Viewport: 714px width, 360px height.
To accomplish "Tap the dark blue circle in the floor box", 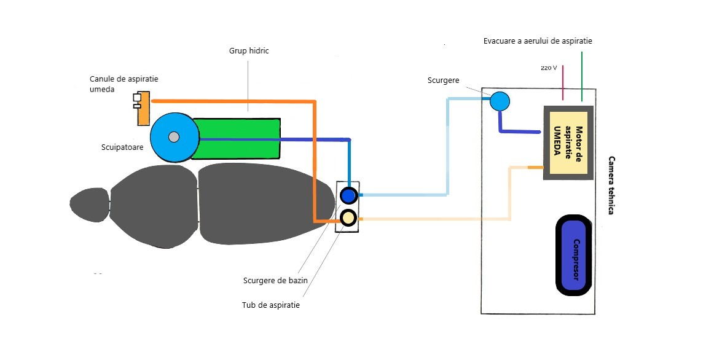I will pyautogui.click(x=348, y=196).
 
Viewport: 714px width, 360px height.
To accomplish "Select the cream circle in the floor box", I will pyautogui.click(x=348, y=217).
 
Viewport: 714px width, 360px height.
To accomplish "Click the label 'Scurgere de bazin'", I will pyautogui.click(x=275, y=281).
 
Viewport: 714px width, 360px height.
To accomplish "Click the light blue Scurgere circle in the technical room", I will pyautogui.click(x=500, y=101).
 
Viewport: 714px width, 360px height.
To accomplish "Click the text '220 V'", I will pyautogui.click(x=549, y=68).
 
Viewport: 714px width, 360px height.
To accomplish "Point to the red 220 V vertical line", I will pyautogui.click(x=563, y=82).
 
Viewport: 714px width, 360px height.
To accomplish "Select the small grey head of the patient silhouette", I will pyautogui.click(x=88, y=205).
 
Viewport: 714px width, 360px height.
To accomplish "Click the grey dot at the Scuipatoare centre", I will pyautogui.click(x=174, y=136).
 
